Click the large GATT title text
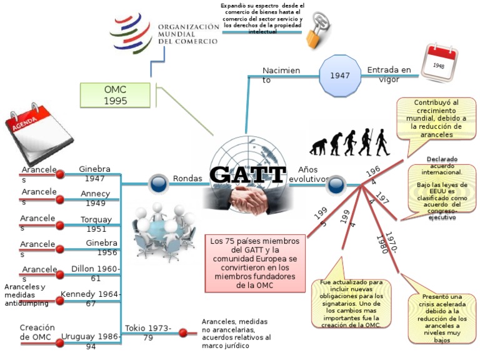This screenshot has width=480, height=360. tap(247, 174)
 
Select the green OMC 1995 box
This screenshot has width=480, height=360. tap(116, 95)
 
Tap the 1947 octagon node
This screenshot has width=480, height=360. tap(340, 76)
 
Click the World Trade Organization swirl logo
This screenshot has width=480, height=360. tap(131, 33)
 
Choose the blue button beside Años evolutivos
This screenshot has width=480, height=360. tap(336, 184)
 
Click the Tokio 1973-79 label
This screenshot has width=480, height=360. tap(147, 332)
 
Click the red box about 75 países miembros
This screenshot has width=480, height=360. tap(254, 263)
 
